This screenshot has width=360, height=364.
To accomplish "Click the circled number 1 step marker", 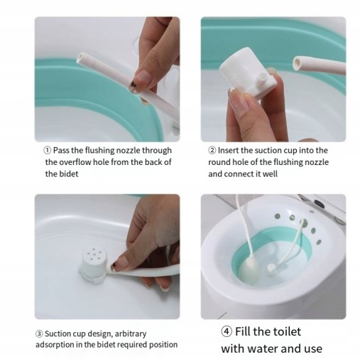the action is (x=48, y=150).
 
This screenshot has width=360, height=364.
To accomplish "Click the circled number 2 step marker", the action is (x=212, y=150).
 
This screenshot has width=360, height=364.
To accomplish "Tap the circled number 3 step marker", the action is (x=39, y=333).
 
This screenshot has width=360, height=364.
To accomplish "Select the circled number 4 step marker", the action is (x=227, y=331).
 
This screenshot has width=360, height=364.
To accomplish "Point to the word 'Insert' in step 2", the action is (x=228, y=150).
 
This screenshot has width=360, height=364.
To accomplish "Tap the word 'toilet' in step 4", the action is (x=287, y=331).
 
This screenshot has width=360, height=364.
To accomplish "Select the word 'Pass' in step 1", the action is (x=61, y=150).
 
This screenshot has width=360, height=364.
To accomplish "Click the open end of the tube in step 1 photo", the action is (x=80, y=58).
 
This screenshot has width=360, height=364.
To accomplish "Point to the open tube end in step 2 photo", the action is (x=297, y=63).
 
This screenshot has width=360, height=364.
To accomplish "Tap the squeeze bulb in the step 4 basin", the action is (x=248, y=270).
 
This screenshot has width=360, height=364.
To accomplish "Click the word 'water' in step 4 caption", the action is (x=264, y=349).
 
